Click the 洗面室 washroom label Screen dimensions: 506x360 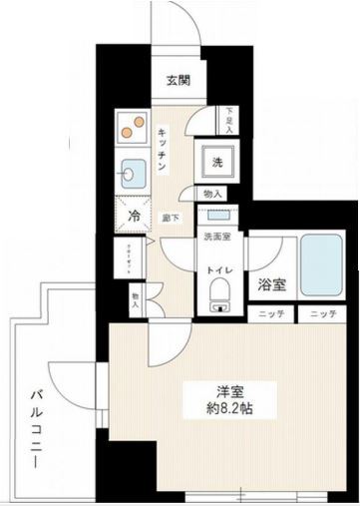coord(216,238)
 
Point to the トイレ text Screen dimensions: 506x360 coord(219,269)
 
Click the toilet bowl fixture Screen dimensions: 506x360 coord(219,292)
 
